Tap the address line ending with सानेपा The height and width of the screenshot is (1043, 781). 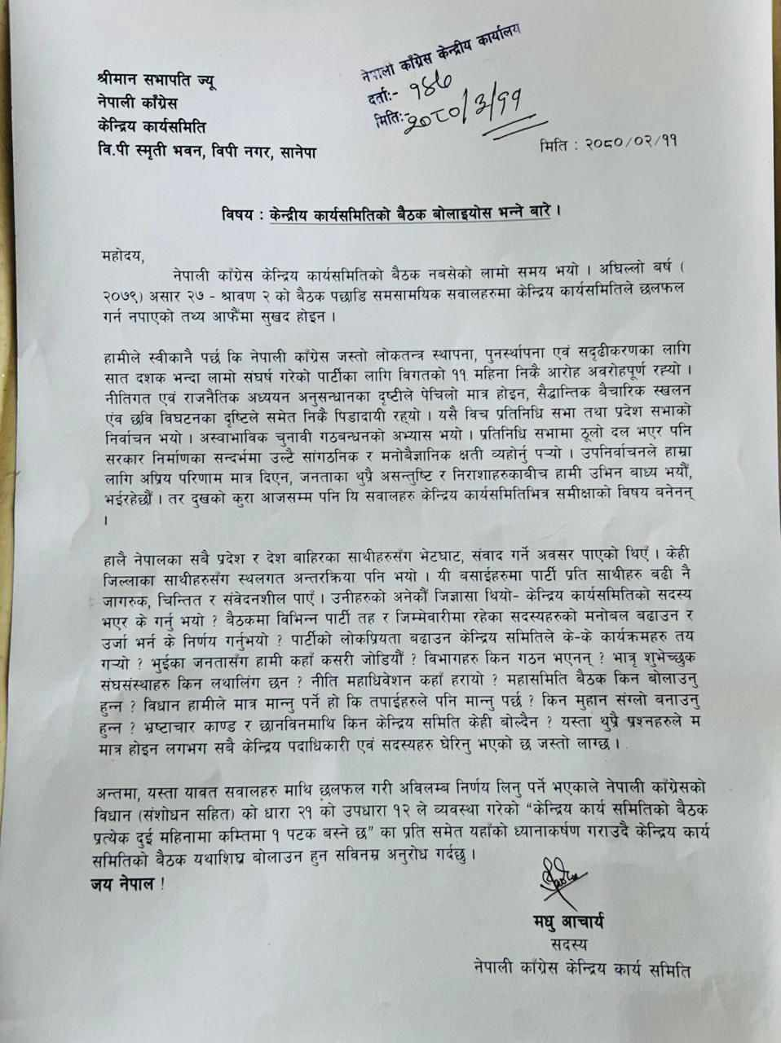(x=205, y=151)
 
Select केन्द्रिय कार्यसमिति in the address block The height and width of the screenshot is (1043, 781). (x=152, y=128)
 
